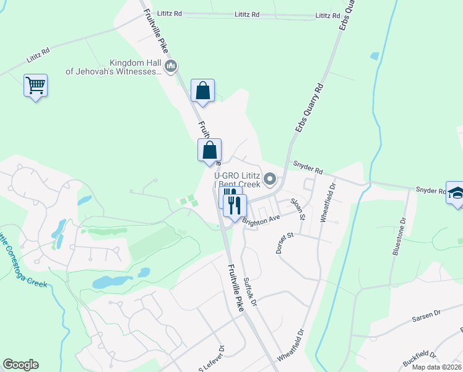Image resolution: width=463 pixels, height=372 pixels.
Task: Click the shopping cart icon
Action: pyautogui.click(x=36, y=86)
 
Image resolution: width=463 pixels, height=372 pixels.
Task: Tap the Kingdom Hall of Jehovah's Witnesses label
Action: pyautogui.click(x=115, y=67)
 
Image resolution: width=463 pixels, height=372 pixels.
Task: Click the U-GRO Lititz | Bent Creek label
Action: pyautogui.click(x=237, y=180)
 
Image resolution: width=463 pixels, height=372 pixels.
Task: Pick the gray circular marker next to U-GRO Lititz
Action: pyautogui.click(x=269, y=180)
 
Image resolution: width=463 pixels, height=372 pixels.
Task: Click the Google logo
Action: pyautogui.click(x=20, y=365)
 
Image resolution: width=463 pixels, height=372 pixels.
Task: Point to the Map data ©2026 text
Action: pyautogui.click(x=436, y=367)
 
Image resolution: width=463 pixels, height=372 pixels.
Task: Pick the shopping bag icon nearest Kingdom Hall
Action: pyautogui.click(x=202, y=91)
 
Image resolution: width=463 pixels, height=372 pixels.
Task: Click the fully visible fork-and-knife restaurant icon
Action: pyautogui.click(x=235, y=205)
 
